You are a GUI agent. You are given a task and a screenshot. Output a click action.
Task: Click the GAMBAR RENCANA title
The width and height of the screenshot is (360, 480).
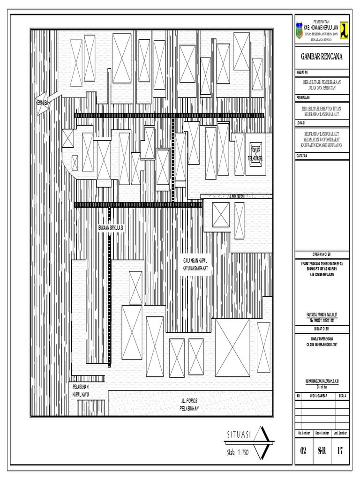pyautogui.click(x=322, y=57)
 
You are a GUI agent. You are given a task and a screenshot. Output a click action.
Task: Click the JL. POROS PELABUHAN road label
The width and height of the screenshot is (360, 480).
pyautogui.click(x=190, y=404)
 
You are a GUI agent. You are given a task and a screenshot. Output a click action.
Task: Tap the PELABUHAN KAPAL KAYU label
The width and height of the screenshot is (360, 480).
pyautogui.click(x=80, y=391)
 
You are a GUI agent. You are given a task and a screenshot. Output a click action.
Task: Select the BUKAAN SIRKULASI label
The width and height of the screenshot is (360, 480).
pyautogui.click(x=110, y=227)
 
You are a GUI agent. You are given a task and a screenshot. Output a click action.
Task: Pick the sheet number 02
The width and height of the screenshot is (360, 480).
pyautogui.click(x=303, y=451)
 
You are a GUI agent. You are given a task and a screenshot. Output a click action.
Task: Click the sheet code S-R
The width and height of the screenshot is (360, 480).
pyautogui.click(x=322, y=451)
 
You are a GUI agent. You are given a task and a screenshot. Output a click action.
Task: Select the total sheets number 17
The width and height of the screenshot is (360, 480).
pyautogui.click(x=340, y=451)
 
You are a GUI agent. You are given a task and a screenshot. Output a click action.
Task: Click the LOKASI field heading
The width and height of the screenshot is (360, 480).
pyautogui.click(x=300, y=123)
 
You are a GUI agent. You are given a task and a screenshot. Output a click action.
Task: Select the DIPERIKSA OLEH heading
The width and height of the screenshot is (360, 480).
pyautogui.click(x=322, y=253)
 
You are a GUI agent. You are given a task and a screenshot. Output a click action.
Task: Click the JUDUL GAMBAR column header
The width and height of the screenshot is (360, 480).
pyautogui.click(x=317, y=396)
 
